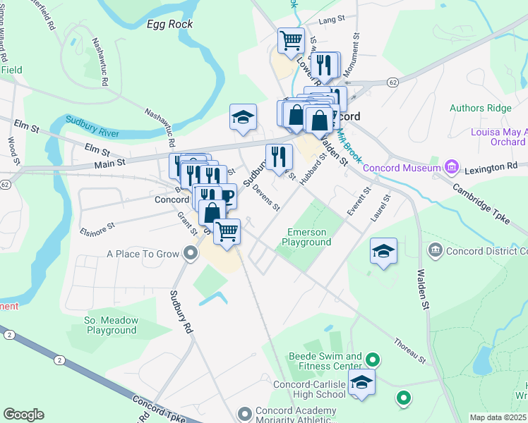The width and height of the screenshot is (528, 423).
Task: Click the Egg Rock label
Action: click(169, 24)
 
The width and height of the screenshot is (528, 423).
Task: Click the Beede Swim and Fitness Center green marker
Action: click(374, 361)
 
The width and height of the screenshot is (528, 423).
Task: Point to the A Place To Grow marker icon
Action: click(189, 253)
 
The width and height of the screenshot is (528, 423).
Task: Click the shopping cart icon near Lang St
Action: click(291, 40)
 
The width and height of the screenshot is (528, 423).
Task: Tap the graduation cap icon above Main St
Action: click(243, 117)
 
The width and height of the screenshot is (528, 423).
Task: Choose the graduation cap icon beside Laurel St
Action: click(383, 252)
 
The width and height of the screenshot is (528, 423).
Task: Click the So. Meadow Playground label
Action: click(111, 325)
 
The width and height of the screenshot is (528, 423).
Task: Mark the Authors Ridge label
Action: click(480, 108)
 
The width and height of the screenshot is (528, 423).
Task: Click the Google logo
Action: click(23, 415)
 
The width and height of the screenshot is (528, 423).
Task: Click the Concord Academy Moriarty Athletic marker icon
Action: click(245, 413)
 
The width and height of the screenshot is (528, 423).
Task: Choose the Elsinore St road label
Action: click(97, 228)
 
